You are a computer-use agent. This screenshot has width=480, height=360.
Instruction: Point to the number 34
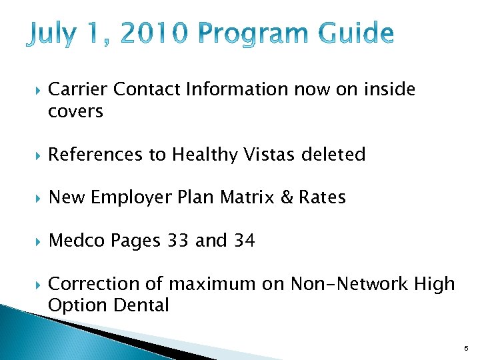point(244,241)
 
